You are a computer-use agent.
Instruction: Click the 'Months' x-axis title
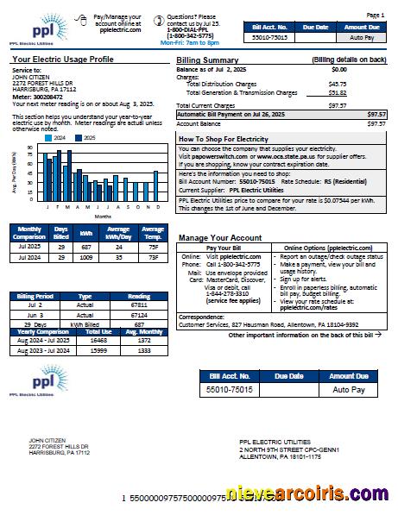pyautogui.click(x=102, y=217)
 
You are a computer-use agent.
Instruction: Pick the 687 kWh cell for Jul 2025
pyautogui.click(x=86, y=245)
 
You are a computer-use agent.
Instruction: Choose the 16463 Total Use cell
pyautogui.click(x=99, y=341)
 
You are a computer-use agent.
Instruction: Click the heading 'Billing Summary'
pyautogui.click(x=207, y=60)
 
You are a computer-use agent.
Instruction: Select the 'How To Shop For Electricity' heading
pyautogui.click(x=224, y=138)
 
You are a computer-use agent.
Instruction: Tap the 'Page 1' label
pyautogui.click(x=376, y=16)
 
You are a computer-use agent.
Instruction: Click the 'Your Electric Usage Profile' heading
pyautogui.click(x=63, y=60)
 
